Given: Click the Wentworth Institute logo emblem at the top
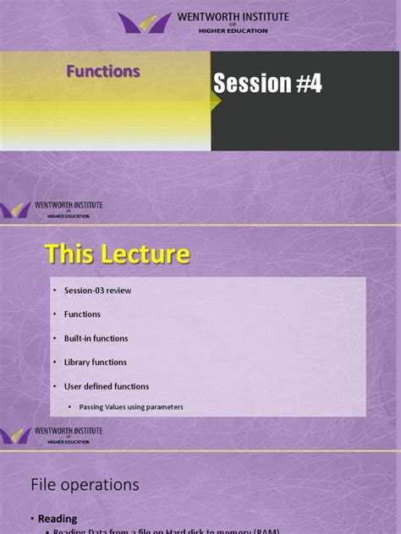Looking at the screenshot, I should point(145,23).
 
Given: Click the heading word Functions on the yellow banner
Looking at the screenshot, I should point(103,72).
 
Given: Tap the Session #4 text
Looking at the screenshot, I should point(267,83).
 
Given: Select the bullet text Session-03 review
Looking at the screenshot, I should point(97,291).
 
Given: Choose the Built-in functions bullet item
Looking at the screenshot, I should point(96,339).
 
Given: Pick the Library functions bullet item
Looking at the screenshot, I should point(95,362).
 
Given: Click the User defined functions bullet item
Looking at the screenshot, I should point(107,386).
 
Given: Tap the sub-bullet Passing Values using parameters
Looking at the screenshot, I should point(131,407).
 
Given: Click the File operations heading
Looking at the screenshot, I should point(85,485).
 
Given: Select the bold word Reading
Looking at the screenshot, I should point(58,519).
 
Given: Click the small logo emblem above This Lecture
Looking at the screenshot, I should point(15,210).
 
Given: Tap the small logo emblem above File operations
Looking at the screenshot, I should point(15,436).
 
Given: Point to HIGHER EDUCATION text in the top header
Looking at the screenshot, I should point(233,31).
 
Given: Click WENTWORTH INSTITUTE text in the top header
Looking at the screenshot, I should point(233,17).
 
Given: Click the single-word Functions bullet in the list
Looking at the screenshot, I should point(82,314).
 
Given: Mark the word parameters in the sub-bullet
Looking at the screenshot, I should point(164,407).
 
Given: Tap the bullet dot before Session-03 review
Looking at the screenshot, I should point(54,291).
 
